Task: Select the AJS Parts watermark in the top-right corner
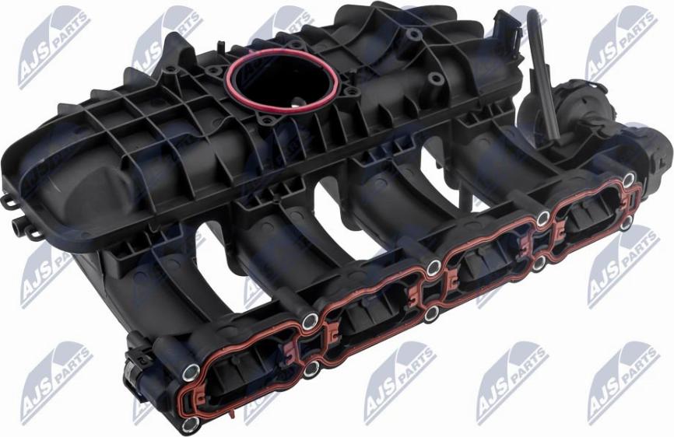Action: pyautogui.click(x=623, y=43)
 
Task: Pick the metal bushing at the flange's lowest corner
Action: pyautogui.click(x=190, y=425)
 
